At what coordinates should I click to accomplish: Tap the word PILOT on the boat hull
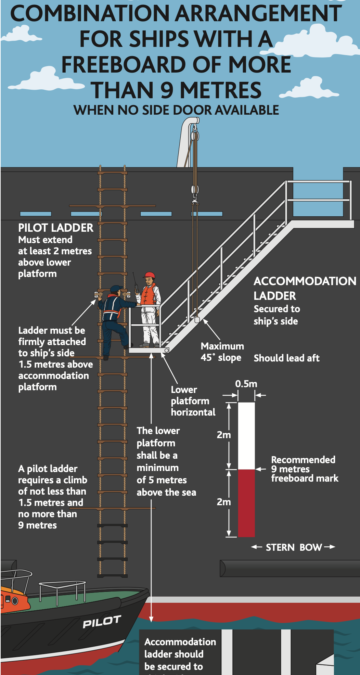[x=102, y=622]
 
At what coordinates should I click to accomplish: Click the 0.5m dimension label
[x=246, y=384]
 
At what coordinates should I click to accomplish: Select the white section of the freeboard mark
[x=246, y=435]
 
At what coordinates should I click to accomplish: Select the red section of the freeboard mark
[x=246, y=502]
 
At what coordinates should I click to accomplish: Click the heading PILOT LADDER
[x=55, y=228]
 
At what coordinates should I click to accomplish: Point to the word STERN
[x=280, y=547]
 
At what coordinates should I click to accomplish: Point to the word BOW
[x=310, y=547]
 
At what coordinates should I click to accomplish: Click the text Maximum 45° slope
[x=222, y=352]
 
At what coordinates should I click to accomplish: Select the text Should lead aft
[x=286, y=358]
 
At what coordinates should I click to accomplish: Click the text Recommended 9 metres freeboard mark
[x=304, y=469]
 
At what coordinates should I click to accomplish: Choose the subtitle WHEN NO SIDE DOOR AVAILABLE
[x=176, y=110]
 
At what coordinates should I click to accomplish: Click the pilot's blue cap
[x=116, y=288]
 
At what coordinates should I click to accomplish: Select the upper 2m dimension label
[x=223, y=435]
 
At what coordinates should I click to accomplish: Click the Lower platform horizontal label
[x=193, y=401]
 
